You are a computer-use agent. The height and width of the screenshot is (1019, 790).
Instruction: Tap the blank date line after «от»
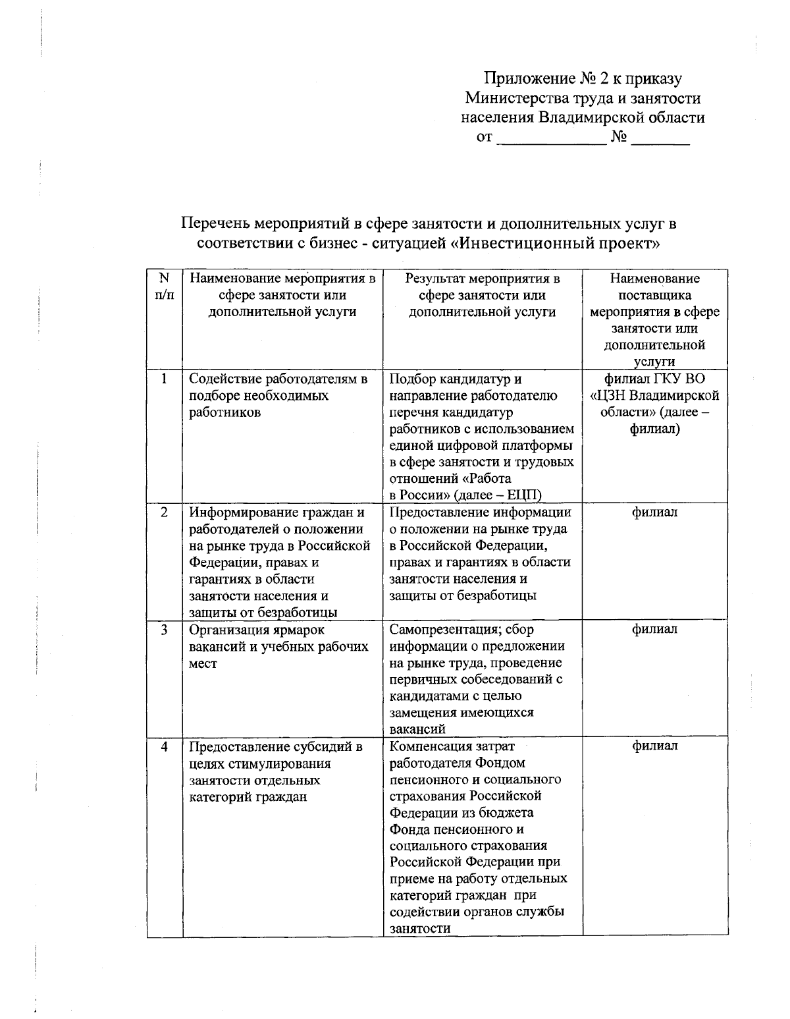(x=550, y=140)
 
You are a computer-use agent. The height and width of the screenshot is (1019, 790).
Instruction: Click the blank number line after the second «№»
(x=660, y=140)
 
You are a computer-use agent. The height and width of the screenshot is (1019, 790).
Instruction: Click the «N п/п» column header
(x=165, y=287)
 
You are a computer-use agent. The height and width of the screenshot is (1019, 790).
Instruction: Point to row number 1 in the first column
(x=165, y=379)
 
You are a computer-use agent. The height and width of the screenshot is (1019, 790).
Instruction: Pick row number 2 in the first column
(x=165, y=512)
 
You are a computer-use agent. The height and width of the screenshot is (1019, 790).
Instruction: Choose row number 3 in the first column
(x=165, y=630)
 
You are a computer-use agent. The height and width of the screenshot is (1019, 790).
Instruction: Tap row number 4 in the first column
(x=165, y=746)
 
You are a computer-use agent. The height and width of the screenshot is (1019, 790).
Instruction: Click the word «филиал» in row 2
(x=654, y=512)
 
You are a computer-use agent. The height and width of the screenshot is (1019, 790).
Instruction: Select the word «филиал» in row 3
(x=654, y=630)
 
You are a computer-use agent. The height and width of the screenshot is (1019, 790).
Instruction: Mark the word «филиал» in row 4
(x=654, y=746)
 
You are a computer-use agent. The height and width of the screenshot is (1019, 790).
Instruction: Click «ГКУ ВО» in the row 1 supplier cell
(x=679, y=379)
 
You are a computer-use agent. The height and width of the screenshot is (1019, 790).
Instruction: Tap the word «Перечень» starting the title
(x=215, y=224)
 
